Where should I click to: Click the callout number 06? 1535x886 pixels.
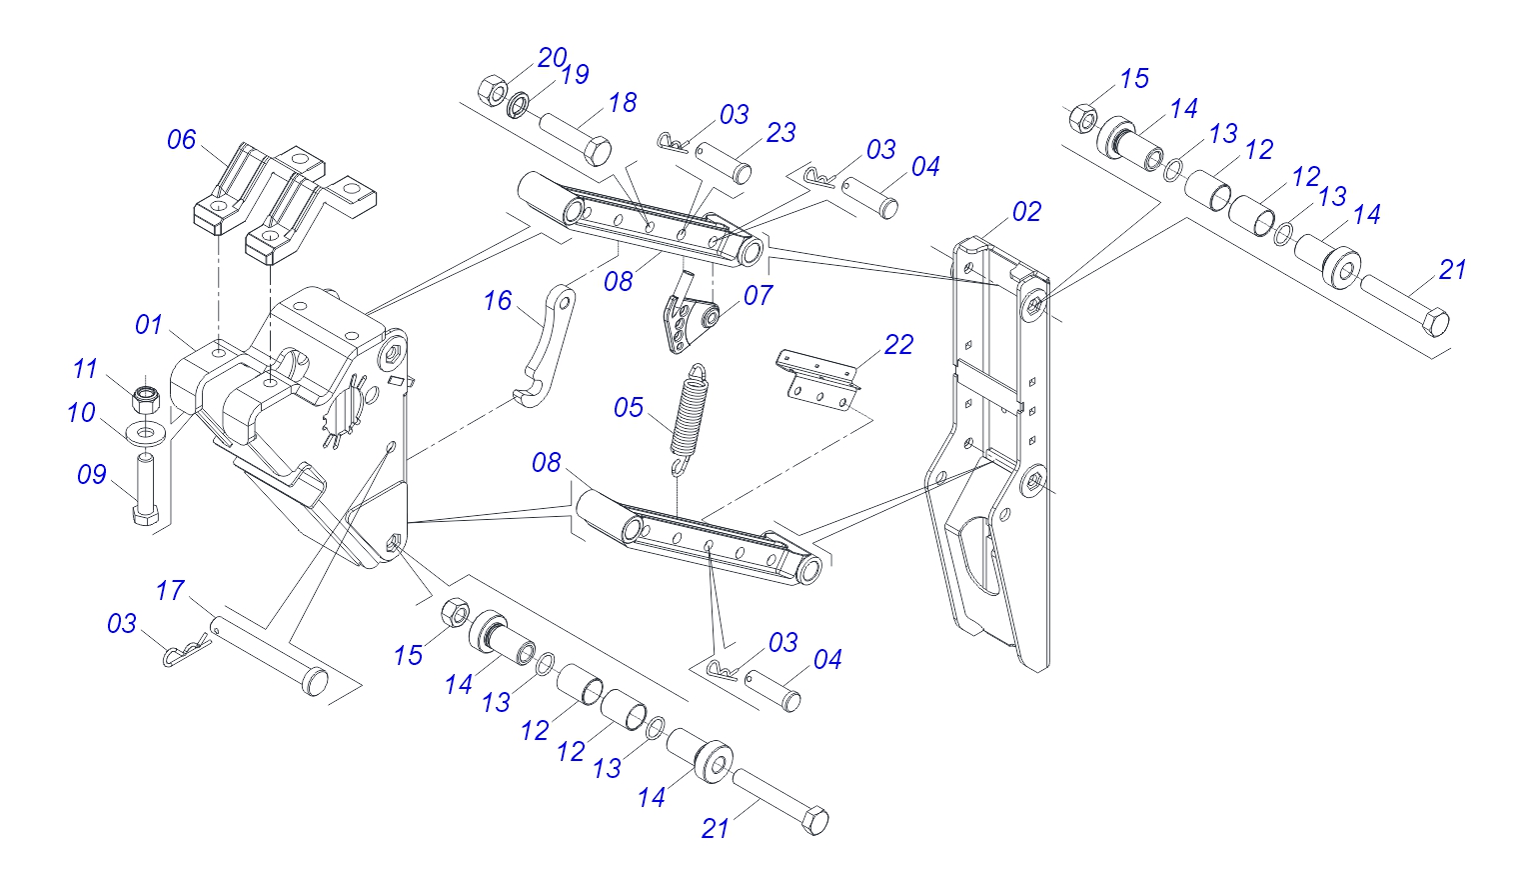pyautogui.click(x=182, y=140)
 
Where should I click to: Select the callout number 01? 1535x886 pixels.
pyautogui.click(x=149, y=325)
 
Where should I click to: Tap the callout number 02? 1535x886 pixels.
pyautogui.click(x=1026, y=212)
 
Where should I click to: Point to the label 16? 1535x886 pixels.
pyautogui.click(x=498, y=301)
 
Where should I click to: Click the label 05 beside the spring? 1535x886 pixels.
pyautogui.click(x=629, y=408)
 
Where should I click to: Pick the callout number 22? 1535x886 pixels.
pyautogui.click(x=898, y=345)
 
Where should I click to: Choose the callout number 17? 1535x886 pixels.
pyautogui.click(x=170, y=591)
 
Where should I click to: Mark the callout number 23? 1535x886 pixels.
pyautogui.click(x=780, y=133)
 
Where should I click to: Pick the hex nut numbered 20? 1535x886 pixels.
pyautogui.click(x=491, y=89)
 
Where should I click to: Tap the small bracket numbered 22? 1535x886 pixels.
pyautogui.click(x=819, y=378)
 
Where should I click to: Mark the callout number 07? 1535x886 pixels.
pyautogui.click(x=758, y=296)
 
